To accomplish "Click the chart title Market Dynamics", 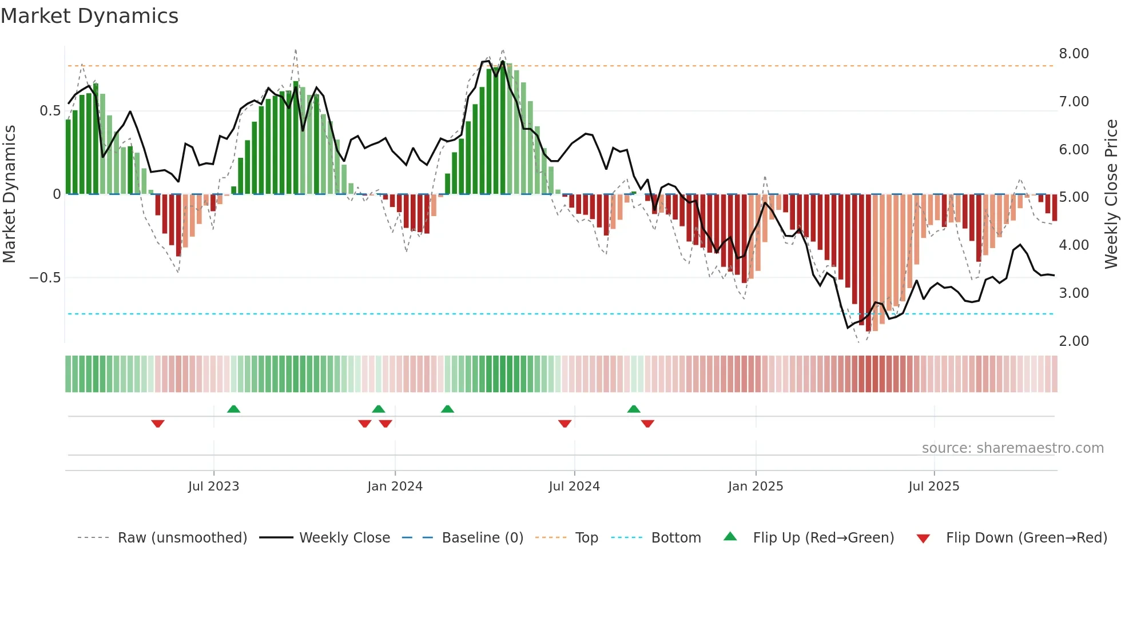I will (89, 16).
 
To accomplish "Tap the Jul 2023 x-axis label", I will (213, 487).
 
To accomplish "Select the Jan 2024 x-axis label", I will (395, 487).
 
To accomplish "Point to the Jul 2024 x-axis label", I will (574, 487).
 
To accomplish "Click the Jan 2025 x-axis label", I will (755, 487).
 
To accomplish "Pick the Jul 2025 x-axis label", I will (933, 487).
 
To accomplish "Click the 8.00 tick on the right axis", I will (1074, 54).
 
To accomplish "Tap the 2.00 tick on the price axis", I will (1074, 341).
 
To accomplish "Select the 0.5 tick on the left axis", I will (50, 111).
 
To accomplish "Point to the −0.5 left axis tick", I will (45, 278).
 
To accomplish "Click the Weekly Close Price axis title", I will (1111, 194).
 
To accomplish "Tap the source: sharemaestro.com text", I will (1012, 448).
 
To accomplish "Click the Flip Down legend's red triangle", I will (923, 539).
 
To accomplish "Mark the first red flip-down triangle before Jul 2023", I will (158, 424).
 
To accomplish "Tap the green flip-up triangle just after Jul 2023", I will (233, 409).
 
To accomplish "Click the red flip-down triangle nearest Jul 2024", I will (565, 424).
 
